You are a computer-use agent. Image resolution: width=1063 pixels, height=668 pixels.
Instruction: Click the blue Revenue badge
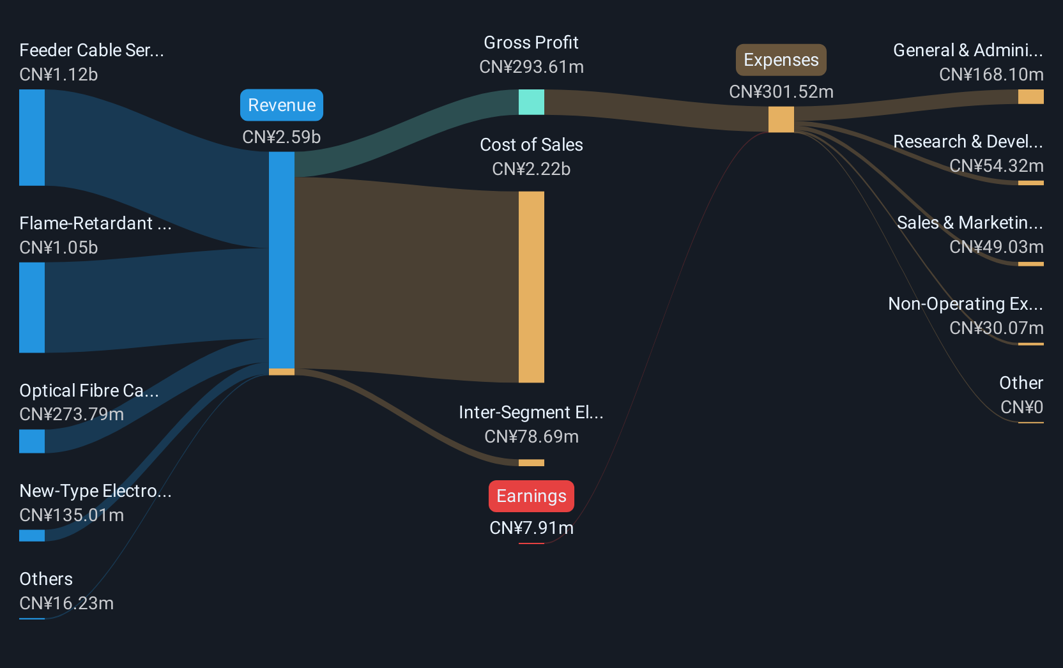(282, 105)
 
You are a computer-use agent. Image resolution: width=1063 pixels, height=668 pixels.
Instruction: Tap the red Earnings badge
(531, 496)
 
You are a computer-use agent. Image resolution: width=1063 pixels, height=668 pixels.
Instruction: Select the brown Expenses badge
(781, 60)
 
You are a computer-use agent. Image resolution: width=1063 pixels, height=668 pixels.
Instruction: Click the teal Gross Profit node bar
(531, 102)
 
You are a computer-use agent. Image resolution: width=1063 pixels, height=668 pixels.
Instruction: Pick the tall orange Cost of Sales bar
(531, 287)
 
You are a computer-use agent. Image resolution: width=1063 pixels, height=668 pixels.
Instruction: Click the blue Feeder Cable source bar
(32, 137)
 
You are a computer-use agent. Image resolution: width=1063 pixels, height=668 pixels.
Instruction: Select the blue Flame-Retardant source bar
(32, 307)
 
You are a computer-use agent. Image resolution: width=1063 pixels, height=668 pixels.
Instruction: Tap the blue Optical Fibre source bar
(32, 441)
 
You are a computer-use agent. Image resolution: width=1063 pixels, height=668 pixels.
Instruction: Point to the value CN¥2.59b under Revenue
(282, 137)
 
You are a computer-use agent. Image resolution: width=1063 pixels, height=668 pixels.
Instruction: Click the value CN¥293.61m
(531, 67)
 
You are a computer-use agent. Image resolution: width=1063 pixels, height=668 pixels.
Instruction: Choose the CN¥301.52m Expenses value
(781, 91)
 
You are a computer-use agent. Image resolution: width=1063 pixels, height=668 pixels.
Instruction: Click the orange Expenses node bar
(781, 119)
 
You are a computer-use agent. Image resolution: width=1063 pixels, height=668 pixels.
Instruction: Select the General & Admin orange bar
(1030, 97)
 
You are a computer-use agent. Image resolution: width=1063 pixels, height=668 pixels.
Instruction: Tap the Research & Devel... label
(968, 141)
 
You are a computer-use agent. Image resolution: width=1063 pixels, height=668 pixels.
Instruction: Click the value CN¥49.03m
(997, 247)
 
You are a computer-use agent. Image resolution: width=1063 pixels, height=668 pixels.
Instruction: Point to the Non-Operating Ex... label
(966, 303)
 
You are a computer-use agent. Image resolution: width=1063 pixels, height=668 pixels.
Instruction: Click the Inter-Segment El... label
(531, 413)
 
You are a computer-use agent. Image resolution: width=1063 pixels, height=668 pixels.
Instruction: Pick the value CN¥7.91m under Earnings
(531, 528)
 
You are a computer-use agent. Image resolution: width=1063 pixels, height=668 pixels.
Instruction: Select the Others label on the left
(46, 579)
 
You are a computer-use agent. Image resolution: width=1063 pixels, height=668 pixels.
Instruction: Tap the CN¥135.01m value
(72, 515)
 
